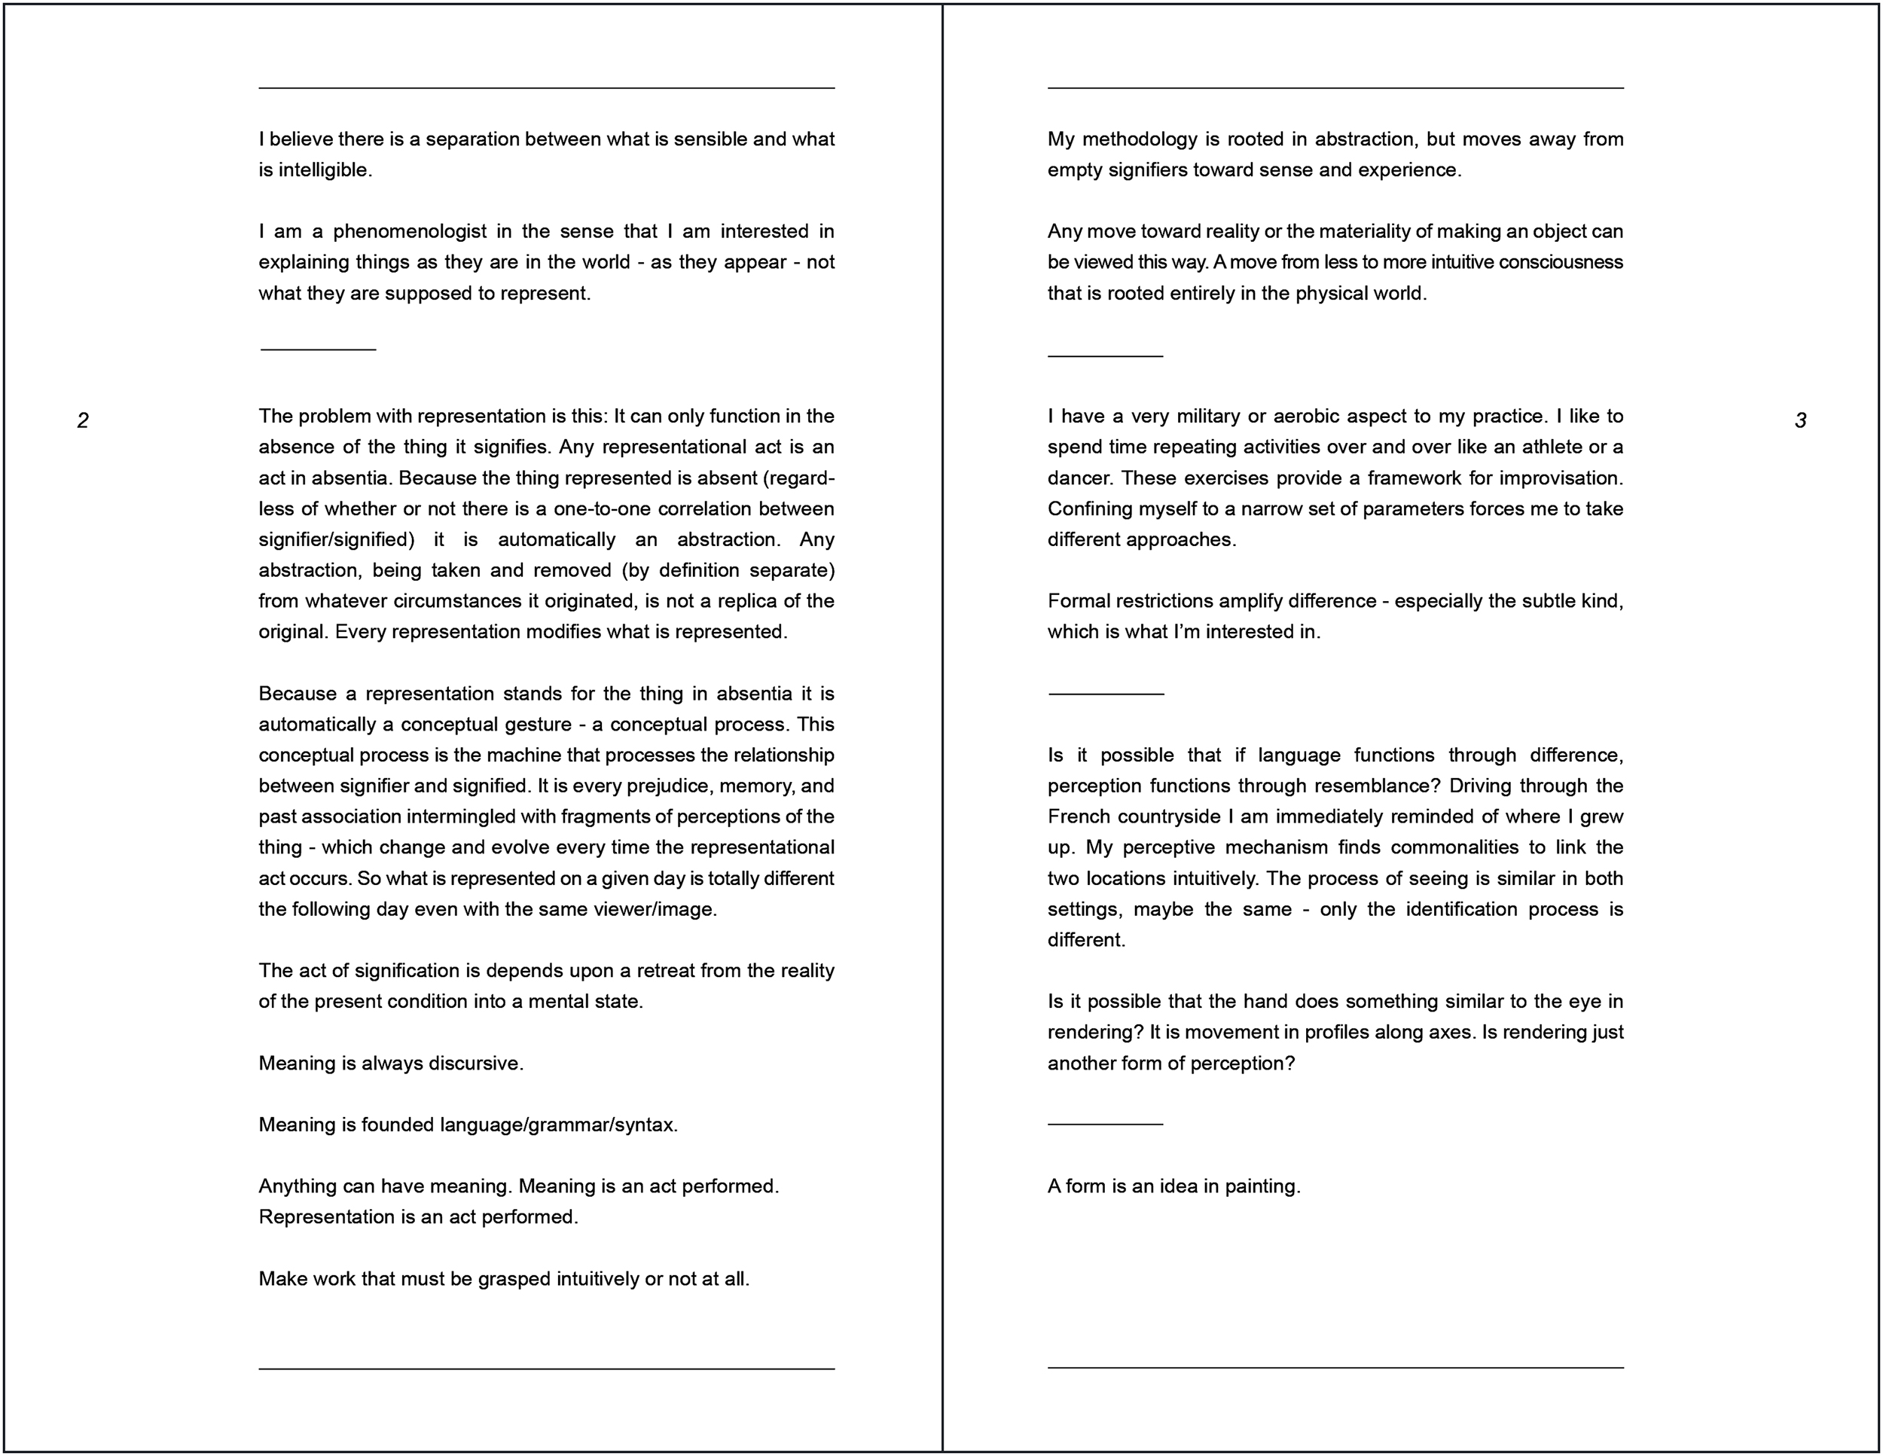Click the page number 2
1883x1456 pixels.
(x=83, y=420)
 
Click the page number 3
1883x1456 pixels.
(x=1800, y=420)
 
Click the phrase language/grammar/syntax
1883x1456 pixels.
(x=558, y=1125)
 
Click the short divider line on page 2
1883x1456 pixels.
(x=318, y=350)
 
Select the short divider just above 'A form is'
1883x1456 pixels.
(x=1105, y=1124)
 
